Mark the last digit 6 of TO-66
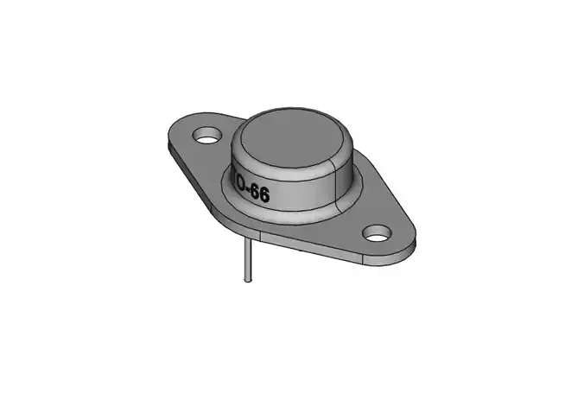(x=264, y=197)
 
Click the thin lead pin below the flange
(x=248, y=259)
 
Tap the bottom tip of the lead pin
(x=248, y=282)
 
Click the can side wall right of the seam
(x=346, y=177)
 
